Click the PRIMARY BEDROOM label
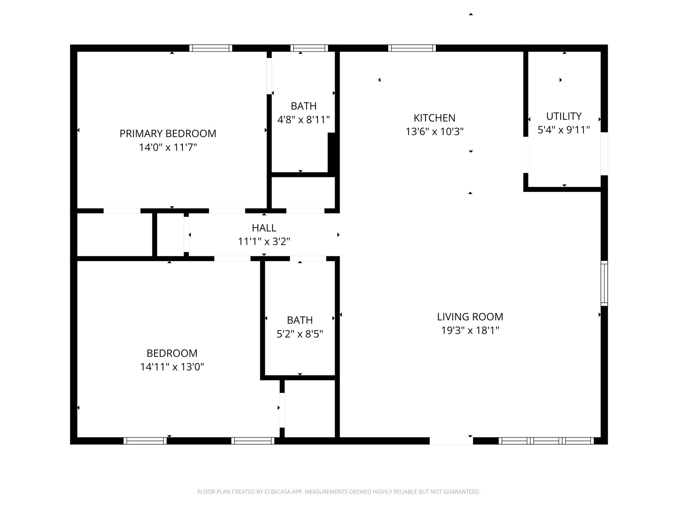(168, 134)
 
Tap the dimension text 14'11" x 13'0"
(172, 367)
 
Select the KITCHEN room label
(434, 118)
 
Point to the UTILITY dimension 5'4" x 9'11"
(563, 130)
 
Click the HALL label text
(264, 228)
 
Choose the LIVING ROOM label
(470, 317)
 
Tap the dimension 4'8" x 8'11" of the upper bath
(303, 120)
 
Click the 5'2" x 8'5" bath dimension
(300, 334)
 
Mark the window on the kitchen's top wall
(412, 48)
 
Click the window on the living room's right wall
(604, 283)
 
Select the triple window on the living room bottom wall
(546, 441)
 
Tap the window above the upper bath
(309, 48)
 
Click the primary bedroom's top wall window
(211, 48)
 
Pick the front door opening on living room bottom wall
(451, 441)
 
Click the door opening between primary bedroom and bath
(269, 76)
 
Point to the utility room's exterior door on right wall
(604, 153)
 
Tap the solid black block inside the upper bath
(332, 152)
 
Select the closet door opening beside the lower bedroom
(282, 410)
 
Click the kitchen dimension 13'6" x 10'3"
(434, 132)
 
